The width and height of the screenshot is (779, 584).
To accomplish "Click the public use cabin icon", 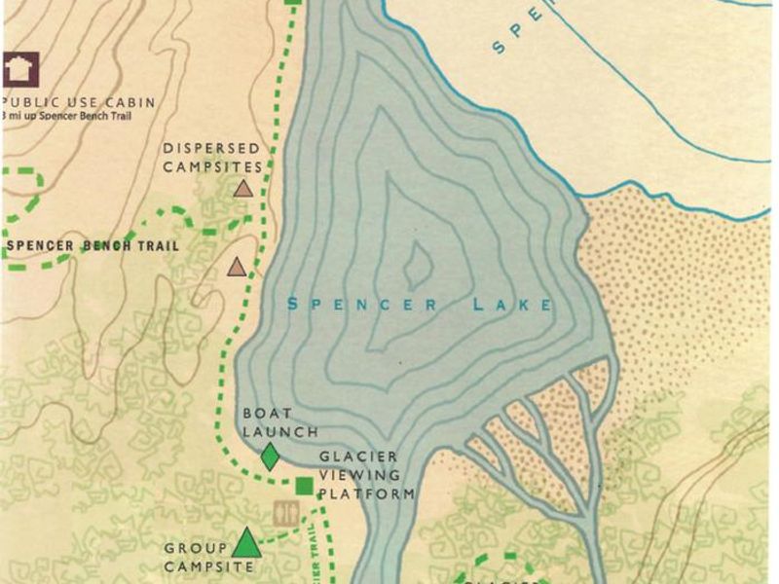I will pyautogui.click(x=19, y=68).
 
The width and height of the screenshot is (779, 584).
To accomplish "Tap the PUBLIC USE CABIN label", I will pyautogui.click(x=80, y=102).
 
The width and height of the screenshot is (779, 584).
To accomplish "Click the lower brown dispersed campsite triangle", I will pyautogui.click(x=236, y=266).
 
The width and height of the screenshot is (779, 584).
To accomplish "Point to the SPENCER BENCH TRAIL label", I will pyautogui.click(x=93, y=246).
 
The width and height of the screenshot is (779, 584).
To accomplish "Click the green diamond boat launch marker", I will pyautogui.click(x=271, y=456).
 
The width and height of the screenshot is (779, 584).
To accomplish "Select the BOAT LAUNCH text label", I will pyautogui.click(x=268, y=421).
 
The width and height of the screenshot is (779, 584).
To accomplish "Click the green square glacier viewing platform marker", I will pyautogui.click(x=304, y=486).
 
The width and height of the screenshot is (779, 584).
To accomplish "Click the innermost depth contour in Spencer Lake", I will pyautogui.click(x=419, y=263).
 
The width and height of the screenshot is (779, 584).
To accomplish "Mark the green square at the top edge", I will pyautogui.click(x=293, y=3).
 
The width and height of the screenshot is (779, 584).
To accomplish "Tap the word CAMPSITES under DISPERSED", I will pyautogui.click(x=212, y=166).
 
